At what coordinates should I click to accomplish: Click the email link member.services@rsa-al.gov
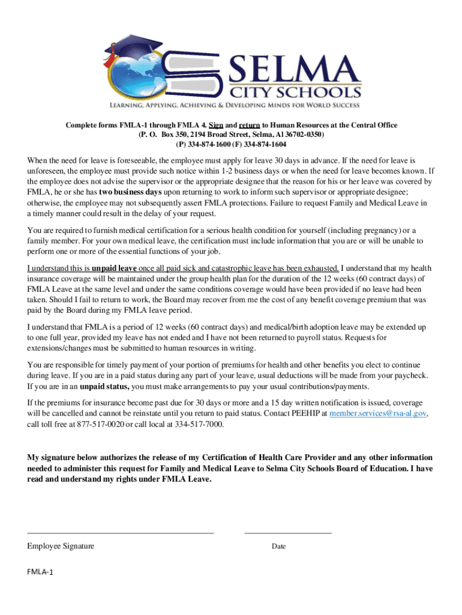[x=379, y=414]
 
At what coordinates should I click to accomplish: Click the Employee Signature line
[x=120, y=532]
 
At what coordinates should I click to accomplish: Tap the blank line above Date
[x=288, y=532]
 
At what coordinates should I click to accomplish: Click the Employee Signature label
[x=60, y=546]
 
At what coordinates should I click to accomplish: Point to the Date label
[x=278, y=547]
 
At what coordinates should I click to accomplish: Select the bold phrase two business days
[x=130, y=192]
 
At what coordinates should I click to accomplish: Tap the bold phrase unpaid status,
[x=104, y=386]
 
